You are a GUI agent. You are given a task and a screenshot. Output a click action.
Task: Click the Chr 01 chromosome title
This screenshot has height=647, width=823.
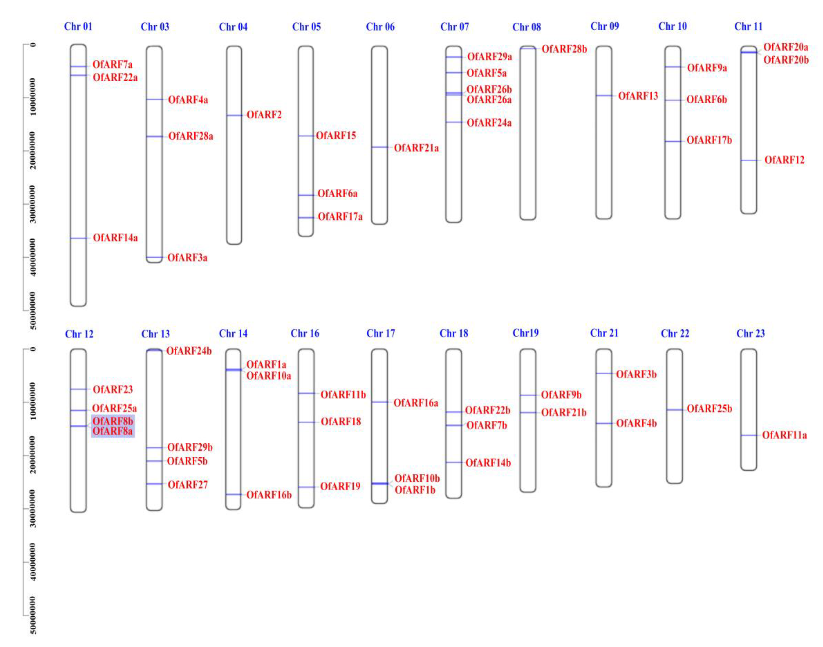78,26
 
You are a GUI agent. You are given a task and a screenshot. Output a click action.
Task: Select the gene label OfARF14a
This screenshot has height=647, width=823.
115,238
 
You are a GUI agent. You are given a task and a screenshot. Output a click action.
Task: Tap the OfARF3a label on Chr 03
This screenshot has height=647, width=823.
187,258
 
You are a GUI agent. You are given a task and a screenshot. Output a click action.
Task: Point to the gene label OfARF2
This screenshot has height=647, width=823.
264,115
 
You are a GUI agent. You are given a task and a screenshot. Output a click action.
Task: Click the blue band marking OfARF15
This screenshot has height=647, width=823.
306,136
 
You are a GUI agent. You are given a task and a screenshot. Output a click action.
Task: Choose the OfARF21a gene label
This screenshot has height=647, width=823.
416,148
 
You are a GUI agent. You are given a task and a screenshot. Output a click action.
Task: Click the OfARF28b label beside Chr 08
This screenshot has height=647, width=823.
564,49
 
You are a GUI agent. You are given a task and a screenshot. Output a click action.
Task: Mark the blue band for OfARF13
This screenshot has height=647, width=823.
604,96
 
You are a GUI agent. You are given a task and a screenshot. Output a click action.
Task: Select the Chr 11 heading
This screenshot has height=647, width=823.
748,26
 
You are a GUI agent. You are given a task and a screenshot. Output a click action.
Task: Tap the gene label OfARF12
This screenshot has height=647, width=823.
784,160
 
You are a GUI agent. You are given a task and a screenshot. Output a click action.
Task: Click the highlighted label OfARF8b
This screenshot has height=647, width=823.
113,421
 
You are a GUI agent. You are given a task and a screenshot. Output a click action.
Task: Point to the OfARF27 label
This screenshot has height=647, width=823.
187,485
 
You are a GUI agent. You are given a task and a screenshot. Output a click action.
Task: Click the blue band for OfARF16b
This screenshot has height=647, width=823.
233,494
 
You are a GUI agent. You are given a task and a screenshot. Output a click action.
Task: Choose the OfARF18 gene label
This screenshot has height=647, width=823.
341,422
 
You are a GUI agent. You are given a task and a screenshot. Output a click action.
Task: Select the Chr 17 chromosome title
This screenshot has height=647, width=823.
381,333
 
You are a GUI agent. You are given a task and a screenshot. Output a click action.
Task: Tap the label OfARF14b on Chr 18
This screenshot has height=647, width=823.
488,463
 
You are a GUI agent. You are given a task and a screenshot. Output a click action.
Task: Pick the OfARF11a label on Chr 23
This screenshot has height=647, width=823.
784,435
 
